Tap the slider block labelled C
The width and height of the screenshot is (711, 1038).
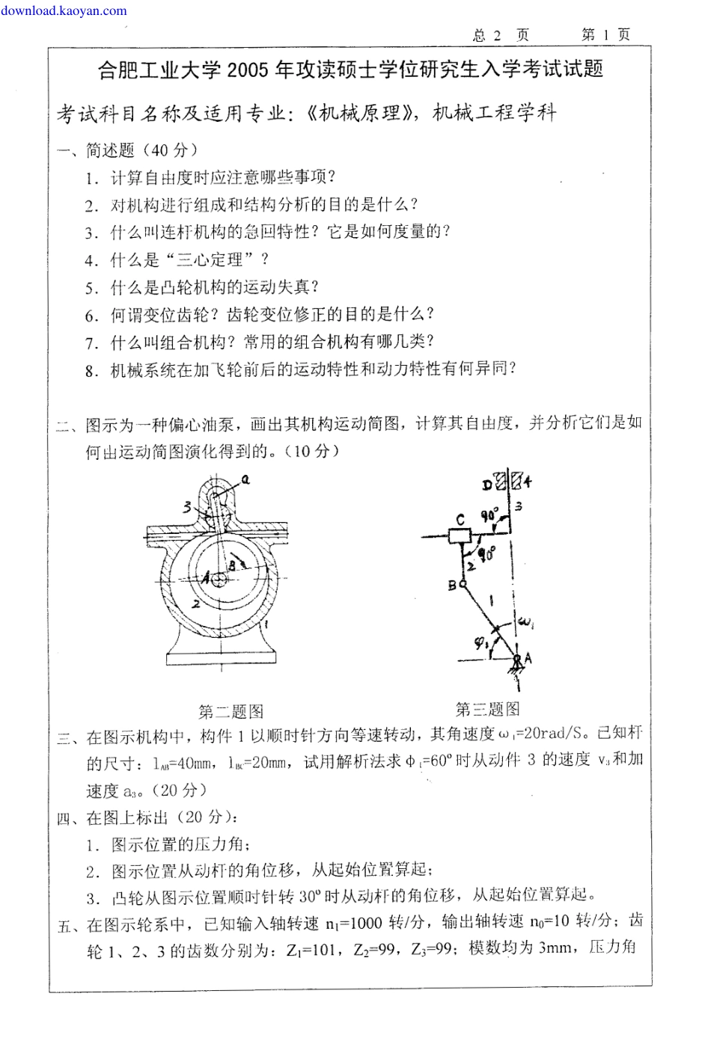(x=459, y=536)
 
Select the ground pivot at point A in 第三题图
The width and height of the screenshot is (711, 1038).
(x=516, y=657)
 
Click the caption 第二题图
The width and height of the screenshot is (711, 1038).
(x=231, y=711)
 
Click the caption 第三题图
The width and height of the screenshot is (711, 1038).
(x=487, y=708)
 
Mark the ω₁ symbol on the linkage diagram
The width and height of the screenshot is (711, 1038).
(x=525, y=622)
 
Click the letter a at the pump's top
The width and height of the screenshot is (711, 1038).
(x=245, y=479)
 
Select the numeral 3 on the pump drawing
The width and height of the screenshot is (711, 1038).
(x=187, y=507)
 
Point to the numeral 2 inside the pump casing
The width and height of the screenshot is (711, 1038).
(x=195, y=603)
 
